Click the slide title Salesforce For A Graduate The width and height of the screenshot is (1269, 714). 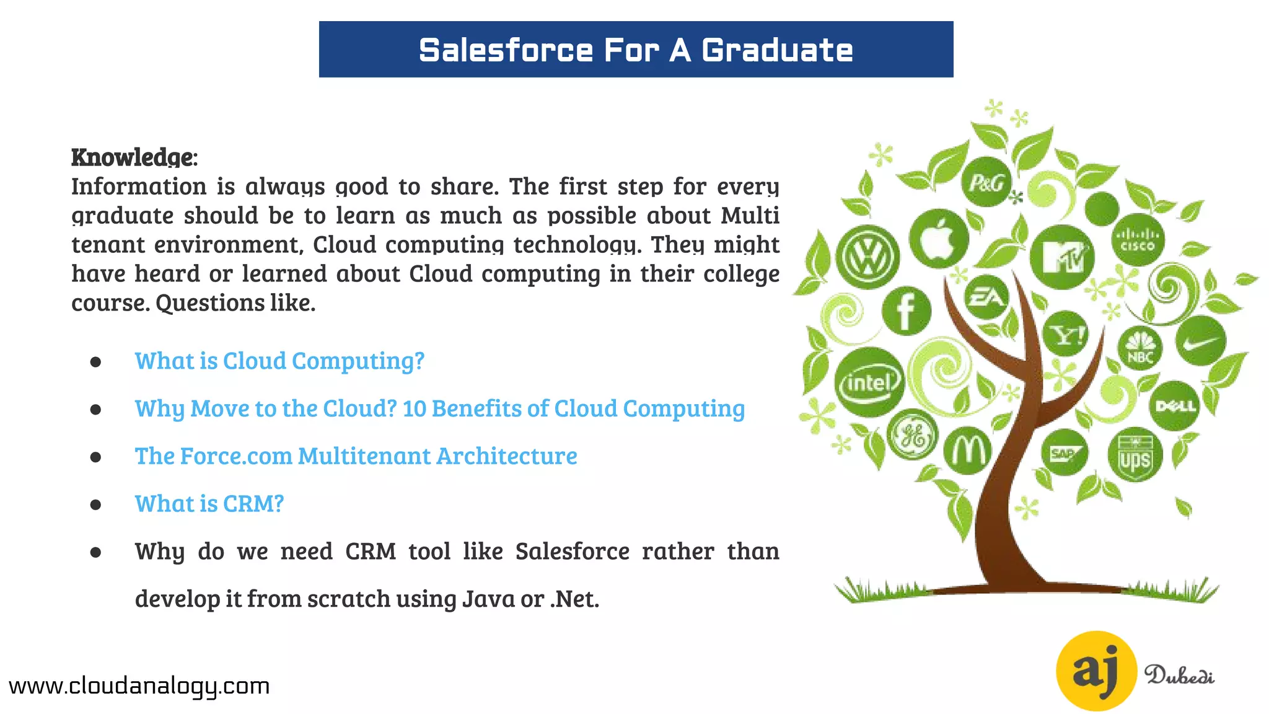click(636, 50)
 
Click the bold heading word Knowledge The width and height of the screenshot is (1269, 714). click(133, 157)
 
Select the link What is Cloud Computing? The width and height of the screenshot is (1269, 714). click(279, 361)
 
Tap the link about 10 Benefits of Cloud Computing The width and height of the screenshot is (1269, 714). click(440, 408)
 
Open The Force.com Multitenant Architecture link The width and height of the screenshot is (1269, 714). click(356, 456)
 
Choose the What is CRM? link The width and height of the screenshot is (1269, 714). click(209, 504)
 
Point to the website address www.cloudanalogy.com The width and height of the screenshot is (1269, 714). click(139, 686)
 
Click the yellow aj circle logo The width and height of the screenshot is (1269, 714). click(1096, 671)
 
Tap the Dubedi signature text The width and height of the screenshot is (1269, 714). click(1179, 675)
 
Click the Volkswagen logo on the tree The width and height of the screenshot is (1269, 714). click(867, 257)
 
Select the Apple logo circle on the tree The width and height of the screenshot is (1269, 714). click(939, 239)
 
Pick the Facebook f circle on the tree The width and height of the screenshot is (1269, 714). click(906, 311)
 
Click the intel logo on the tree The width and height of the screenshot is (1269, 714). click(869, 382)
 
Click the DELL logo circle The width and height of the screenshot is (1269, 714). click(1175, 407)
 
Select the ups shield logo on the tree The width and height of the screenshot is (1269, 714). click(1135, 456)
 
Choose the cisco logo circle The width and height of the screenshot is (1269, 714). click(1138, 240)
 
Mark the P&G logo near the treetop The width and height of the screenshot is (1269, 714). click(986, 182)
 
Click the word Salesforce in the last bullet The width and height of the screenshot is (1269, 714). click(572, 552)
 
